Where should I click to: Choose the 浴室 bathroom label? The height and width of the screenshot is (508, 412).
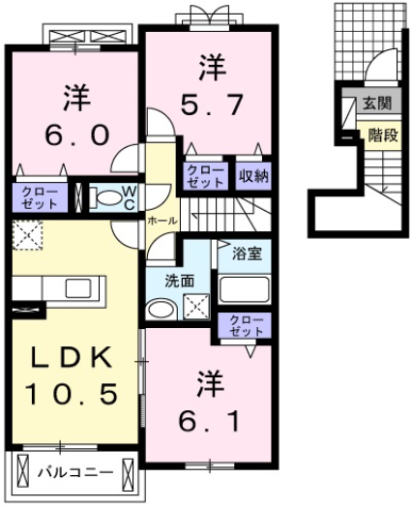pos(246,255)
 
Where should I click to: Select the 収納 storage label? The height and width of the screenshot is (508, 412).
pos(253,176)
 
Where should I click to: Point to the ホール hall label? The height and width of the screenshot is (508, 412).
pos(162,221)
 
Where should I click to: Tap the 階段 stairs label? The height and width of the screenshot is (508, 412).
pos(383,136)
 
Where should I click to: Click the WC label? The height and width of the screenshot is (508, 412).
pos(130,197)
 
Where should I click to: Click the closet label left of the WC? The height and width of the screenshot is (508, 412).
pos(40,198)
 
